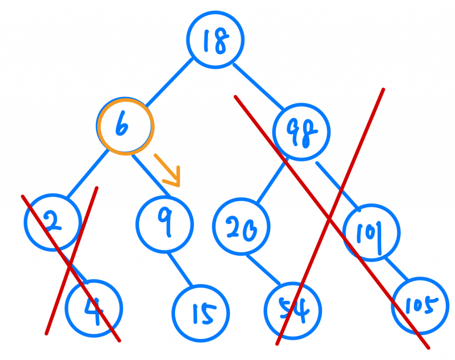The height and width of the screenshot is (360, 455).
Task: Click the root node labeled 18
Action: (215, 40)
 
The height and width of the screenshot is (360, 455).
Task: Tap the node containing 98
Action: (302, 132)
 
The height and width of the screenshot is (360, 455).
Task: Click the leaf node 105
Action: (420, 305)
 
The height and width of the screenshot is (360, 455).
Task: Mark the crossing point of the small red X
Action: (70, 267)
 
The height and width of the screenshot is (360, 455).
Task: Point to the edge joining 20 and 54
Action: (263, 269)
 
